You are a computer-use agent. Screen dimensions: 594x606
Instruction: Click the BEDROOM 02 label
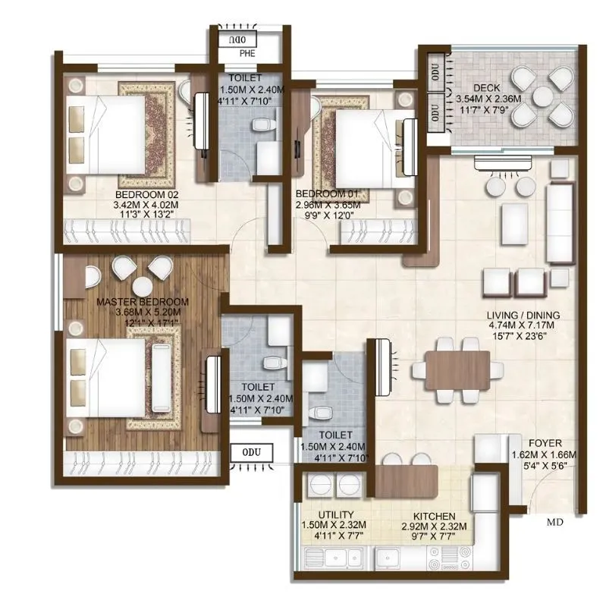coord(146,193)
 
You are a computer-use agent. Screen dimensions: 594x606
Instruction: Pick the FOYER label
coord(546,443)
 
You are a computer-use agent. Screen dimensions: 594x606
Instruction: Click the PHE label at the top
coord(248,55)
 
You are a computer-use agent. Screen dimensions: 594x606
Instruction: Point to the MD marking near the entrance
coord(555,522)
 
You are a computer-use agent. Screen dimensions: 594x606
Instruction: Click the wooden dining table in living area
coord(457,369)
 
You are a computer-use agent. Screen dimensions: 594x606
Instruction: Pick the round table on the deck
coord(542,96)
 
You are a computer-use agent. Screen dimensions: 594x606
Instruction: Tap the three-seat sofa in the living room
coord(560,215)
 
